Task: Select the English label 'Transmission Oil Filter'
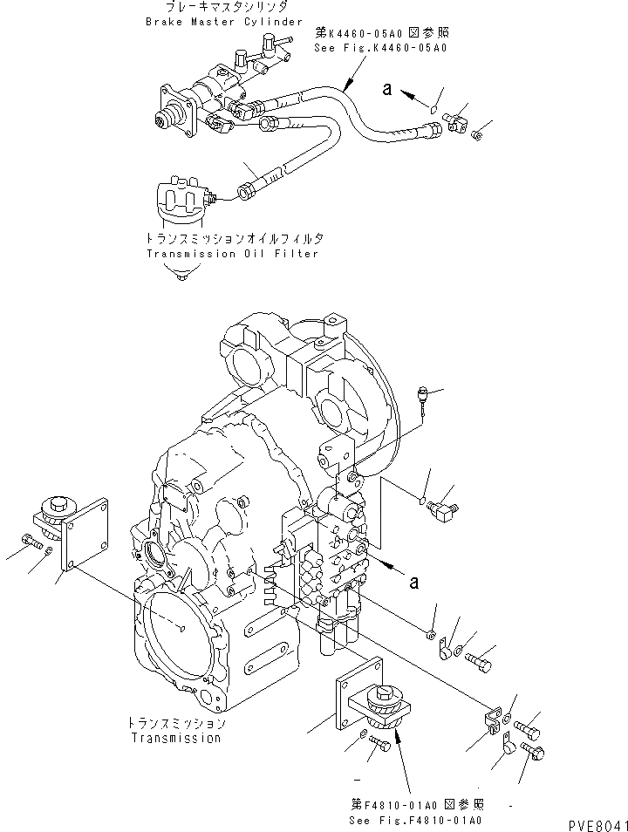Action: (x=232, y=254)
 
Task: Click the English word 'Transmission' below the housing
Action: (x=175, y=738)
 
